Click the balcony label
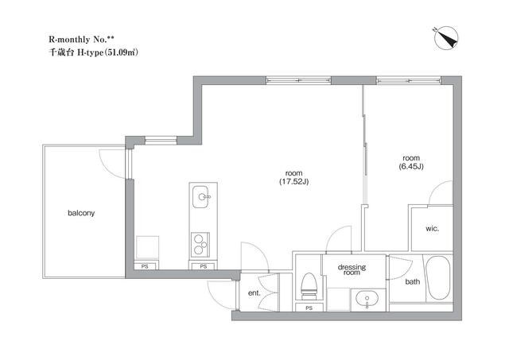tap(82, 213)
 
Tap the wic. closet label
tap(433, 228)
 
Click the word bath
tap(413, 281)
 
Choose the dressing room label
tap(351, 270)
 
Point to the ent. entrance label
tap(254, 292)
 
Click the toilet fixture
tap(309, 284)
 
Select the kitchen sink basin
tap(202, 195)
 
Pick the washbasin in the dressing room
tap(367, 300)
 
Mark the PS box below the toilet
tap(309, 307)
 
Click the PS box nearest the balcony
tap(146, 267)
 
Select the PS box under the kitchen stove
tap(203, 267)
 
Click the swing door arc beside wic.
tap(440, 193)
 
